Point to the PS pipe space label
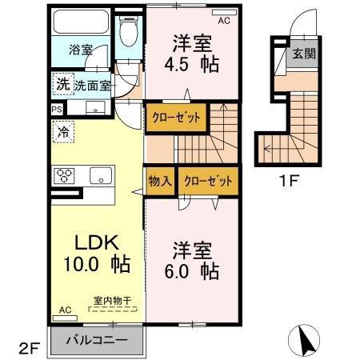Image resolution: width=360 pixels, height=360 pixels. pyautogui.click(x=57, y=109)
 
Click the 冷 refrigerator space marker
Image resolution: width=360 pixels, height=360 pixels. pyautogui.click(x=62, y=132)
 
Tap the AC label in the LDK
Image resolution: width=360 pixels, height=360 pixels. pyautogui.click(x=65, y=310)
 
